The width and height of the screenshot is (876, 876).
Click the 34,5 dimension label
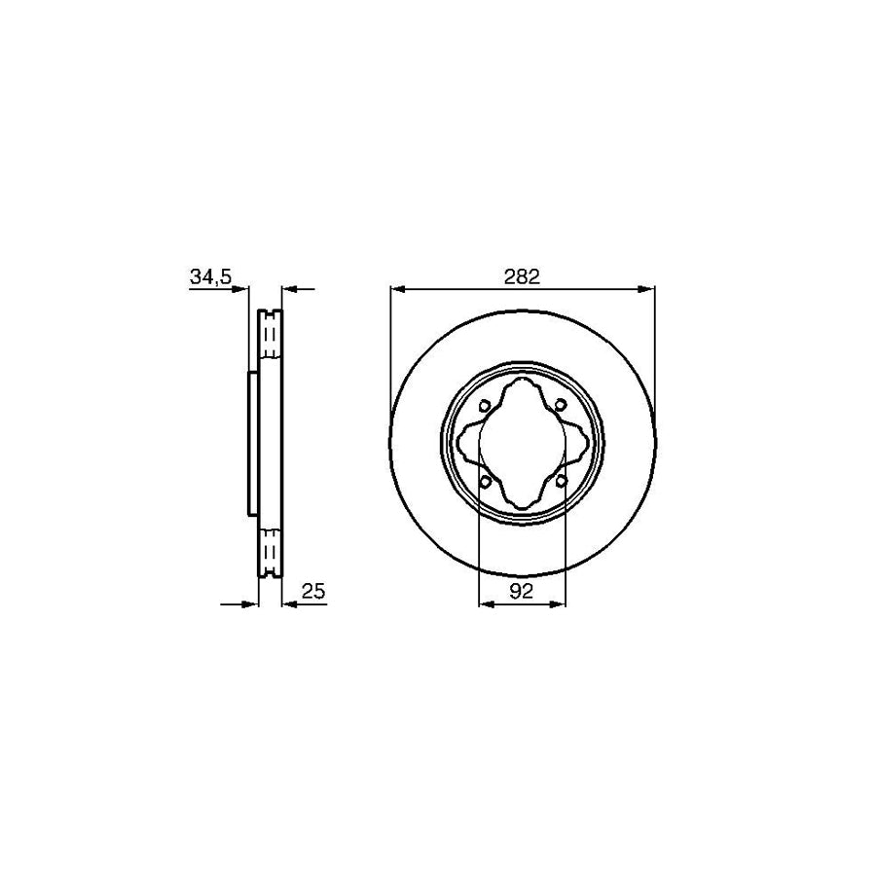[x=210, y=277]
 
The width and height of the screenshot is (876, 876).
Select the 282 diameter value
[x=522, y=276]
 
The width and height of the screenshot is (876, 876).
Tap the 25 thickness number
[x=313, y=591]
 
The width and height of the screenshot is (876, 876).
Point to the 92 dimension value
[x=523, y=591]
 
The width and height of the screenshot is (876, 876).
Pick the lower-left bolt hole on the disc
[x=485, y=482]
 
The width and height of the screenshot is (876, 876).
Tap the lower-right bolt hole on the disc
[x=561, y=482]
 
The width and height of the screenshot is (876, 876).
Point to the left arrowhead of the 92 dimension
[x=487, y=603]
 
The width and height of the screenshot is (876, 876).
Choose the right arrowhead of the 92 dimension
[x=559, y=603]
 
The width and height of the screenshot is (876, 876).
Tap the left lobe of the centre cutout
[x=469, y=444]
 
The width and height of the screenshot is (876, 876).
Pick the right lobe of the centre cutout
[x=576, y=444]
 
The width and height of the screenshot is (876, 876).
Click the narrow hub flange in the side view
[x=253, y=444]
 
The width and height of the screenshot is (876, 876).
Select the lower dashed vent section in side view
[x=271, y=550]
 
